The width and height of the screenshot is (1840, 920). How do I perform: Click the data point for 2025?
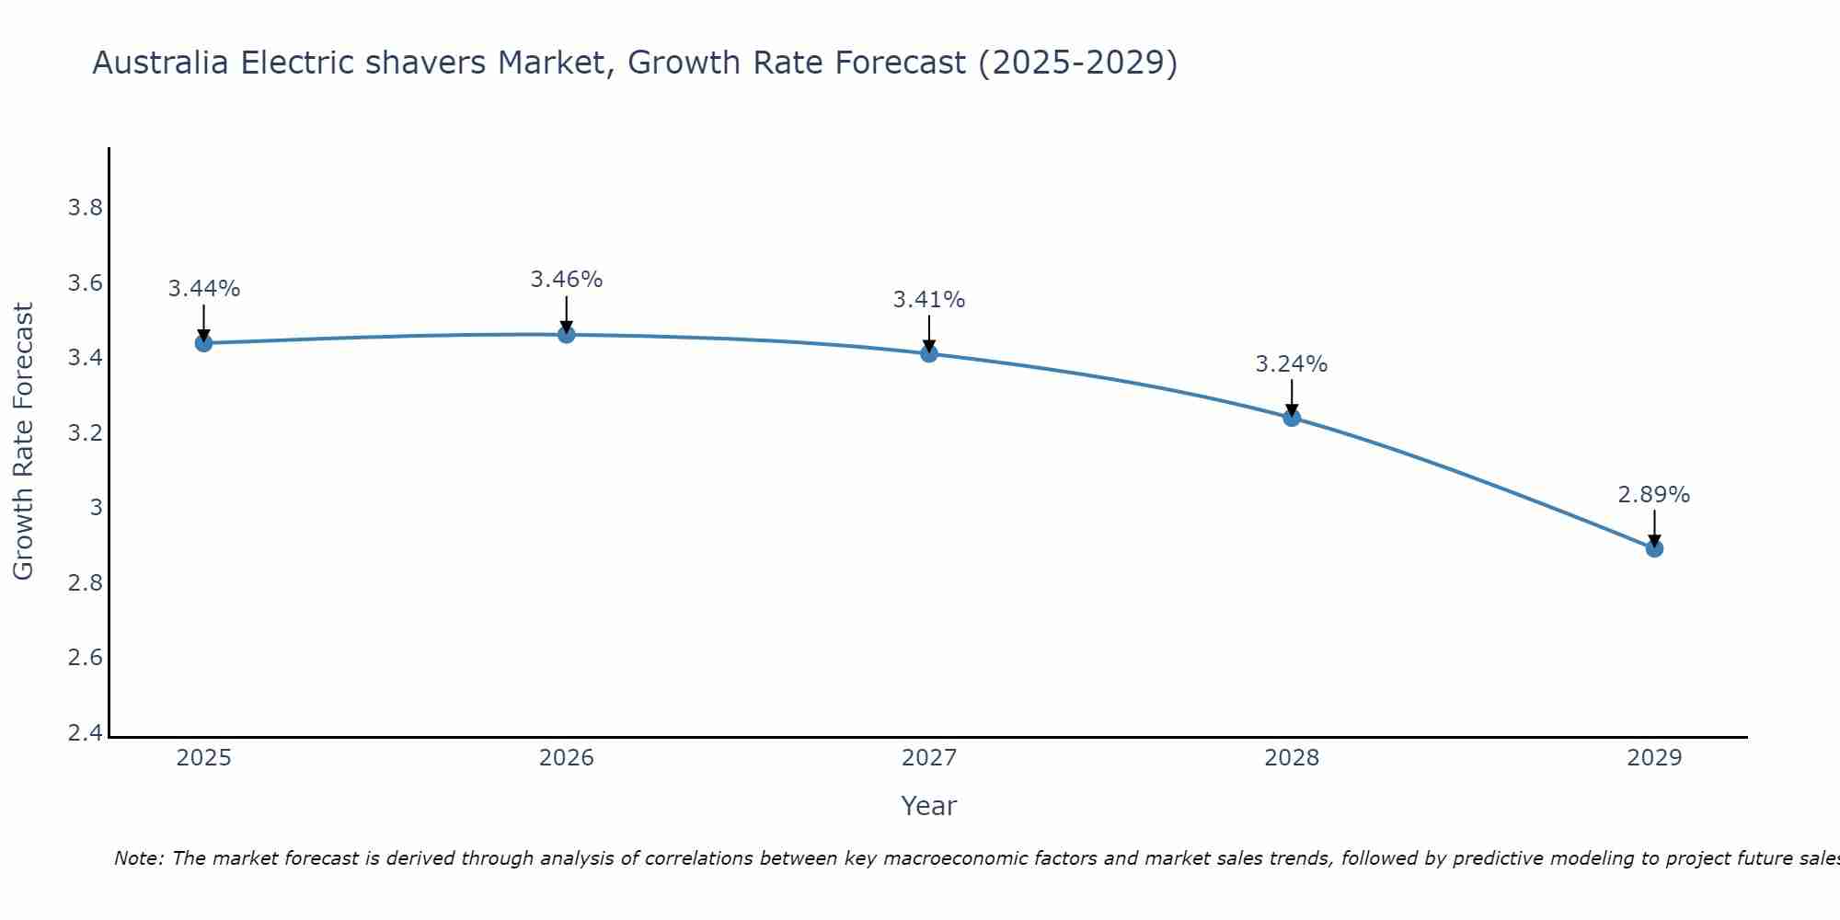coord(204,343)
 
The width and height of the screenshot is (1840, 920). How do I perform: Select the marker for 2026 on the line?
coord(567,335)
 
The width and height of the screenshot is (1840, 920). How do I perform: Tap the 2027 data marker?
coord(929,353)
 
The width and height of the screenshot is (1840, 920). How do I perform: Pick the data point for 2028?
coord(1292,418)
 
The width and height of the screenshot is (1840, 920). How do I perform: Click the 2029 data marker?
coord(1654,548)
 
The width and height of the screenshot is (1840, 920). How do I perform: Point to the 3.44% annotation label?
coord(204,289)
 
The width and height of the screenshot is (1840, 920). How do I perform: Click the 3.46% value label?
coord(567,280)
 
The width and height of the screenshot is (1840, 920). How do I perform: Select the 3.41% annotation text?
coord(929,300)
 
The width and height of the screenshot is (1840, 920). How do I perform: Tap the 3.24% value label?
coord(1292,364)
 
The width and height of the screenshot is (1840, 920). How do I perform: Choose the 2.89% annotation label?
coord(1654,495)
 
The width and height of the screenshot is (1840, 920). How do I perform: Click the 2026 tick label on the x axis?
coord(567,758)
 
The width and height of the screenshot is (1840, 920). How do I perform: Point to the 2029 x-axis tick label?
coord(1654,758)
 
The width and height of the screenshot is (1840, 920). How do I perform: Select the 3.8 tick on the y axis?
coord(86,208)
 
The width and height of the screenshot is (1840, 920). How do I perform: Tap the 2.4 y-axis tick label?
coord(86,733)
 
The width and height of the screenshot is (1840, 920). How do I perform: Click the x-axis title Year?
coord(929,806)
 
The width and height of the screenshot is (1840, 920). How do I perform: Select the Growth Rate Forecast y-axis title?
coord(23,442)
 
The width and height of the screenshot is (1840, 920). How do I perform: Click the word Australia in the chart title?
coord(161,63)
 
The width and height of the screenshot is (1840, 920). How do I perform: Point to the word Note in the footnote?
coord(138,858)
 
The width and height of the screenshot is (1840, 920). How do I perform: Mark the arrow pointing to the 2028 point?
coord(1292,397)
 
